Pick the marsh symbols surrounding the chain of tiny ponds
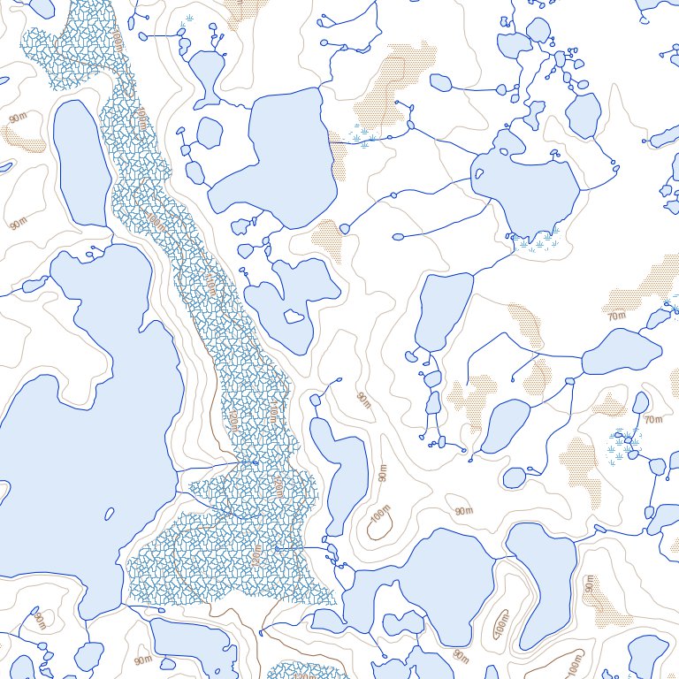(625, 444)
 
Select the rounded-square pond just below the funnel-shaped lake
(209, 133)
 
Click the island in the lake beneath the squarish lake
(294, 317)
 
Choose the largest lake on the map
(80, 424)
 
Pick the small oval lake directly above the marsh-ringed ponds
(641, 402)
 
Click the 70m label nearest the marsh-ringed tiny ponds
(653, 419)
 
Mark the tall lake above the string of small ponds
(445, 312)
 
